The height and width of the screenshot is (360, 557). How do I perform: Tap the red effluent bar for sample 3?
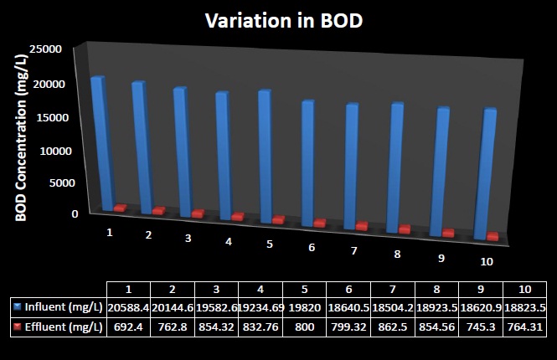click(x=198, y=213)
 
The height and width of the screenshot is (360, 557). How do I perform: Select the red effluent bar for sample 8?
click(x=405, y=229)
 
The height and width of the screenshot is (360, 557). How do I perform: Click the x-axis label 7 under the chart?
click(x=354, y=251)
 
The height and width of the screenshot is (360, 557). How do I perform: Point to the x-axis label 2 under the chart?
click(x=148, y=235)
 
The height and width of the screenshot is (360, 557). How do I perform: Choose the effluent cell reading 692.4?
click(x=128, y=327)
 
